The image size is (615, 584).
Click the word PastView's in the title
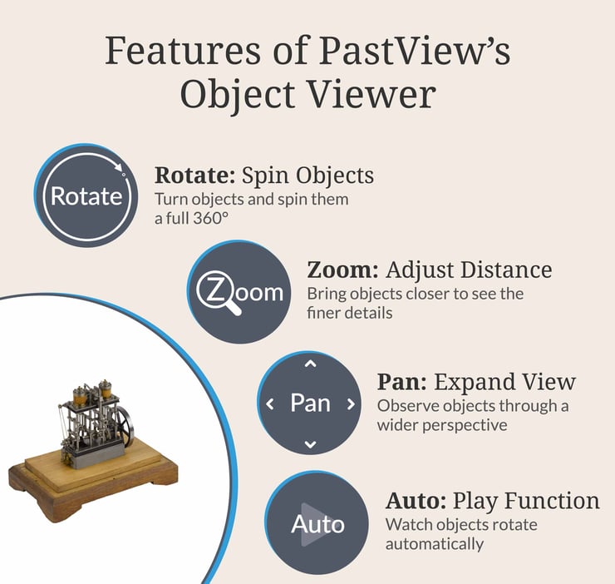[x=414, y=52]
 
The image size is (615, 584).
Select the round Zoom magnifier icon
[x=239, y=292]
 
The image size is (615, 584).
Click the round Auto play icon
[x=317, y=523]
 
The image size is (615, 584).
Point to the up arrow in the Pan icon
[x=310, y=364]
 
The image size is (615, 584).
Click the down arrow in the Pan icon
[x=310, y=444]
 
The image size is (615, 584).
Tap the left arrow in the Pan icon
[x=269, y=404]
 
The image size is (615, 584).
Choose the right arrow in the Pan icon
[x=351, y=404]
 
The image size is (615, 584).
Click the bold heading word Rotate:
[x=194, y=176]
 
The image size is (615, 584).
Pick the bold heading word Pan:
[x=402, y=382]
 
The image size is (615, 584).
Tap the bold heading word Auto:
[x=416, y=501]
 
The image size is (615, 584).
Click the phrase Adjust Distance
[x=470, y=270]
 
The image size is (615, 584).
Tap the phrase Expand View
[x=504, y=382]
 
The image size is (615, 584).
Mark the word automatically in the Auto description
[x=434, y=544]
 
